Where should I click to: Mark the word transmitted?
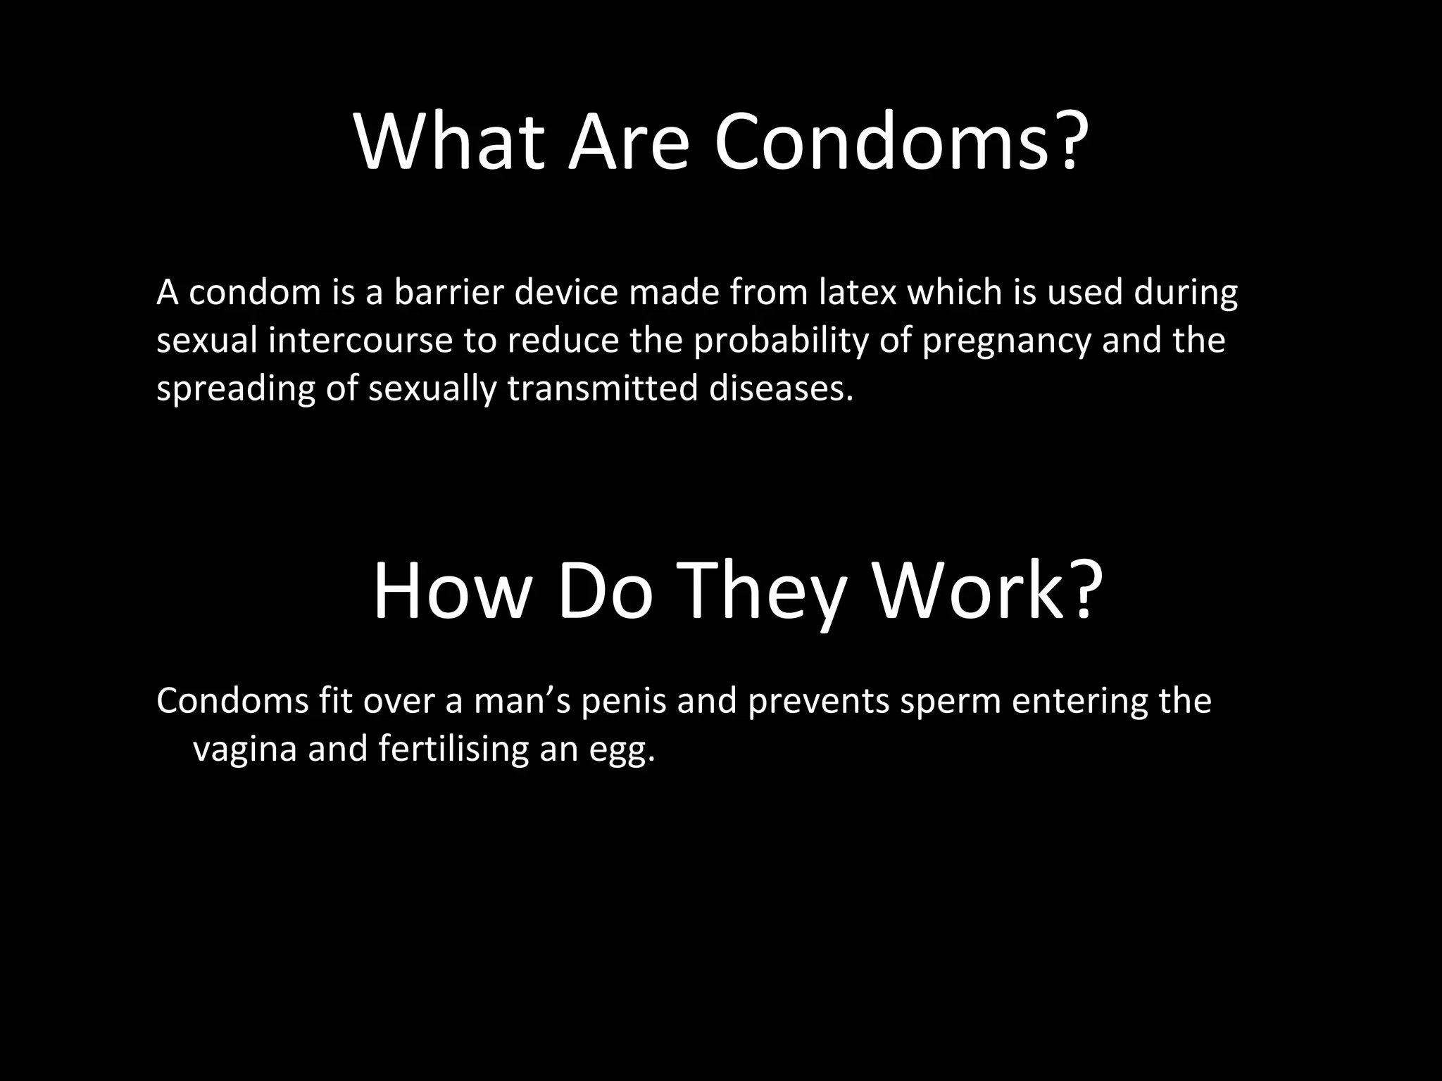click(602, 388)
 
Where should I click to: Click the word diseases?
click(781, 388)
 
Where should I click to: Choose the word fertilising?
click(453, 749)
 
